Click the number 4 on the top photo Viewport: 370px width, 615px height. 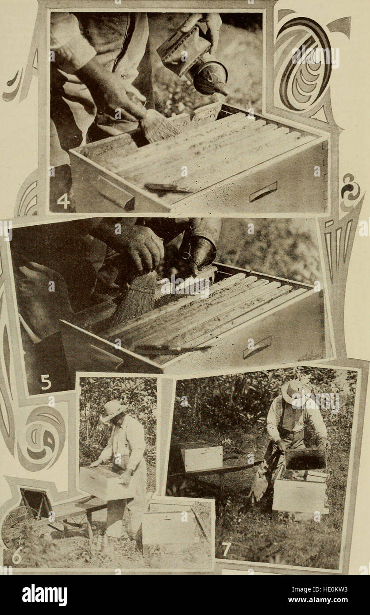point(63,201)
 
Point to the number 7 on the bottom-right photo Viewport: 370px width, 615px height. point(226,549)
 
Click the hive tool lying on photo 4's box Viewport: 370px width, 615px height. point(168,188)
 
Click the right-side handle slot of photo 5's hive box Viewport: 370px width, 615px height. point(257,346)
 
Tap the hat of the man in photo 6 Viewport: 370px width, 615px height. point(112,410)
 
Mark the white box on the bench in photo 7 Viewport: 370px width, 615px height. point(202,457)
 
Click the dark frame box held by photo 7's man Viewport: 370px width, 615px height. point(305,459)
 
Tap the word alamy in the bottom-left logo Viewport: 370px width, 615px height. point(44,595)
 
